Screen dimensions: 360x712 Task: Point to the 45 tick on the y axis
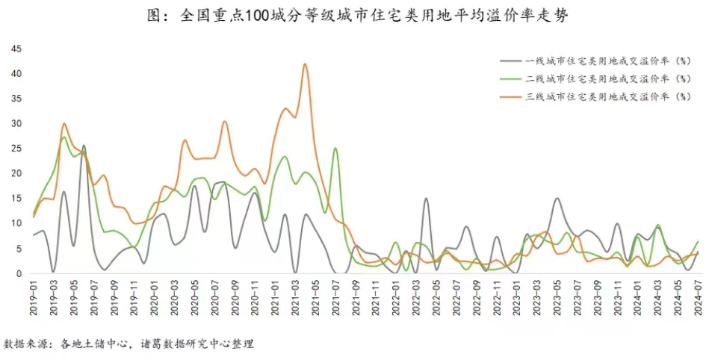tap(16, 49)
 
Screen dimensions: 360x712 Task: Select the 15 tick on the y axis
tap(16, 198)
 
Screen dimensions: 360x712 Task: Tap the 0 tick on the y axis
tap(19, 273)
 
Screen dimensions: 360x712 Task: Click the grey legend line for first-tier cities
tap(512, 60)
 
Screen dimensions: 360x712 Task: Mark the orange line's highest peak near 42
tap(305, 64)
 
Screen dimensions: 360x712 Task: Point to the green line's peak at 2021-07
tap(335, 149)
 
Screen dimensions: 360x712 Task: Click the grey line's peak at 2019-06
tap(84, 146)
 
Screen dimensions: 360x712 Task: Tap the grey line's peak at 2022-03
tap(426, 199)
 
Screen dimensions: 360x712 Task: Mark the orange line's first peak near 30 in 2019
tap(64, 124)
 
